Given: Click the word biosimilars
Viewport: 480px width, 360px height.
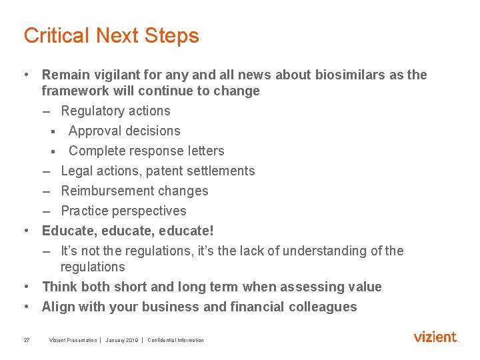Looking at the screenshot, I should point(343,75).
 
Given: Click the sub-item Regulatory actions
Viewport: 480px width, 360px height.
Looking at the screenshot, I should point(115,111).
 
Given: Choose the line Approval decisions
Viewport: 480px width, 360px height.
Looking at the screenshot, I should point(124,131).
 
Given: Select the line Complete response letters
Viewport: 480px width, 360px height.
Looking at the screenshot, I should point(146,151).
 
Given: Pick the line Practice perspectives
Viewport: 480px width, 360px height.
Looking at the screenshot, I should point(123,211).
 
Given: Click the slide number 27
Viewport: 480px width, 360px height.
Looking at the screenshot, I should point(26,340).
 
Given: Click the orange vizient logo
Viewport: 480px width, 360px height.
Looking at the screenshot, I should point(435,337).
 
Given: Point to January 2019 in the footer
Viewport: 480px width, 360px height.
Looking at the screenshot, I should point(121,340).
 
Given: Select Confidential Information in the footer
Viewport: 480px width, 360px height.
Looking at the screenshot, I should point(175,340).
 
